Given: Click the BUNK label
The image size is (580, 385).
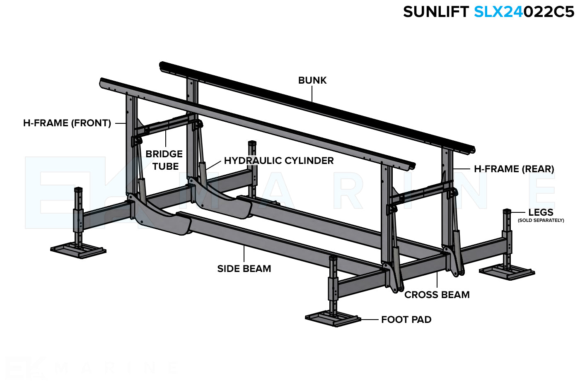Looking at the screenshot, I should click(x=312, y=80).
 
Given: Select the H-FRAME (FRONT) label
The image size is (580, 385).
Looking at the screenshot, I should click(x=67, y=123).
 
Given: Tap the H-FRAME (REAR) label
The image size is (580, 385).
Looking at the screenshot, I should click(x=514, y=169).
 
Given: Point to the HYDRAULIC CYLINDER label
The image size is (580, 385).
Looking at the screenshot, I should click(x=279, y=161).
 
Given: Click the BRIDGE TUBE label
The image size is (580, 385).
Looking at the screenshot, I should click(x=164, y=160).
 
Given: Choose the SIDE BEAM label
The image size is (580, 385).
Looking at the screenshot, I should click(x=244, y=269).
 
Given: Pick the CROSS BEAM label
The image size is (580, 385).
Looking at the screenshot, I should click(x=437, y=295).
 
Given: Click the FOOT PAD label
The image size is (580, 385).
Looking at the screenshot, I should click(x=406, y=320).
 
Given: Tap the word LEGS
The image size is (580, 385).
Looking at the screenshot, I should click(x=541, y=212).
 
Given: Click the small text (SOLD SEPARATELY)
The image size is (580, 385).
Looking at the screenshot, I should click(x=541, y=220).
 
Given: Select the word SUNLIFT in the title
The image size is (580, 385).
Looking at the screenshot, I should click(x=435, y=12).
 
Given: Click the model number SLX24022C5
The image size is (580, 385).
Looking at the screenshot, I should click(x=524, y=12).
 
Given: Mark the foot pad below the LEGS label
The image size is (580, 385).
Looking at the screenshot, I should click(x=507, y=272).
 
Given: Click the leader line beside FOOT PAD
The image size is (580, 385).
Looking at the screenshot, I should click(x=370, y=320).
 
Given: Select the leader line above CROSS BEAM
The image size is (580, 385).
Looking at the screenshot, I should click(x=437, y=280).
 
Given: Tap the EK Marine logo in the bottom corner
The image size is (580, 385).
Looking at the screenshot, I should click(x=25, y=368).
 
